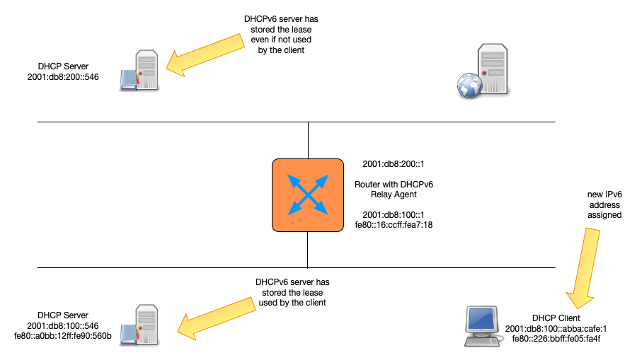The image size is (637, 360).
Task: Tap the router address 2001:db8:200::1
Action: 392,163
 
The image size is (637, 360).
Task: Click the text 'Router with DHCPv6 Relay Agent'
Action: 393,189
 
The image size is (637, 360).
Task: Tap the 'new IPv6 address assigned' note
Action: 604,204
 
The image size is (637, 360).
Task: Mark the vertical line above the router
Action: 309,140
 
